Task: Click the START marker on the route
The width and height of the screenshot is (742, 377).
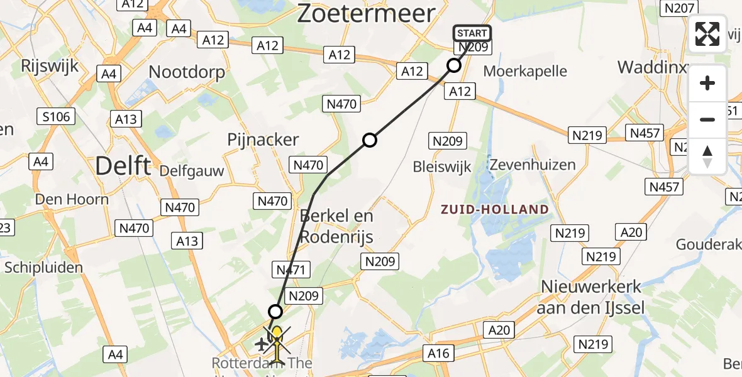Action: (472, 33)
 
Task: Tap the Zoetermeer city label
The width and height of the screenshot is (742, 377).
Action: (366, 13)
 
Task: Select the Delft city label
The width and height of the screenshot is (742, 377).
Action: (123, 167)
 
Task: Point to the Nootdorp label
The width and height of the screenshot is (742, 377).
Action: (186, 72)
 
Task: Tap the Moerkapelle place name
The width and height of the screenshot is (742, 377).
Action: (525, 72)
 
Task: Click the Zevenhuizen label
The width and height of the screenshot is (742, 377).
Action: (533, 165)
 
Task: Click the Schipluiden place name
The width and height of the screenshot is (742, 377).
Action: (43, 268)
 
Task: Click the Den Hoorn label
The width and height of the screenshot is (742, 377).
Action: (72, 200)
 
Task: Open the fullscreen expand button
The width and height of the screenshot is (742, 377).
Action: (707, 34)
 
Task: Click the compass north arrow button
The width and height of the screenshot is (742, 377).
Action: (707, 156)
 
